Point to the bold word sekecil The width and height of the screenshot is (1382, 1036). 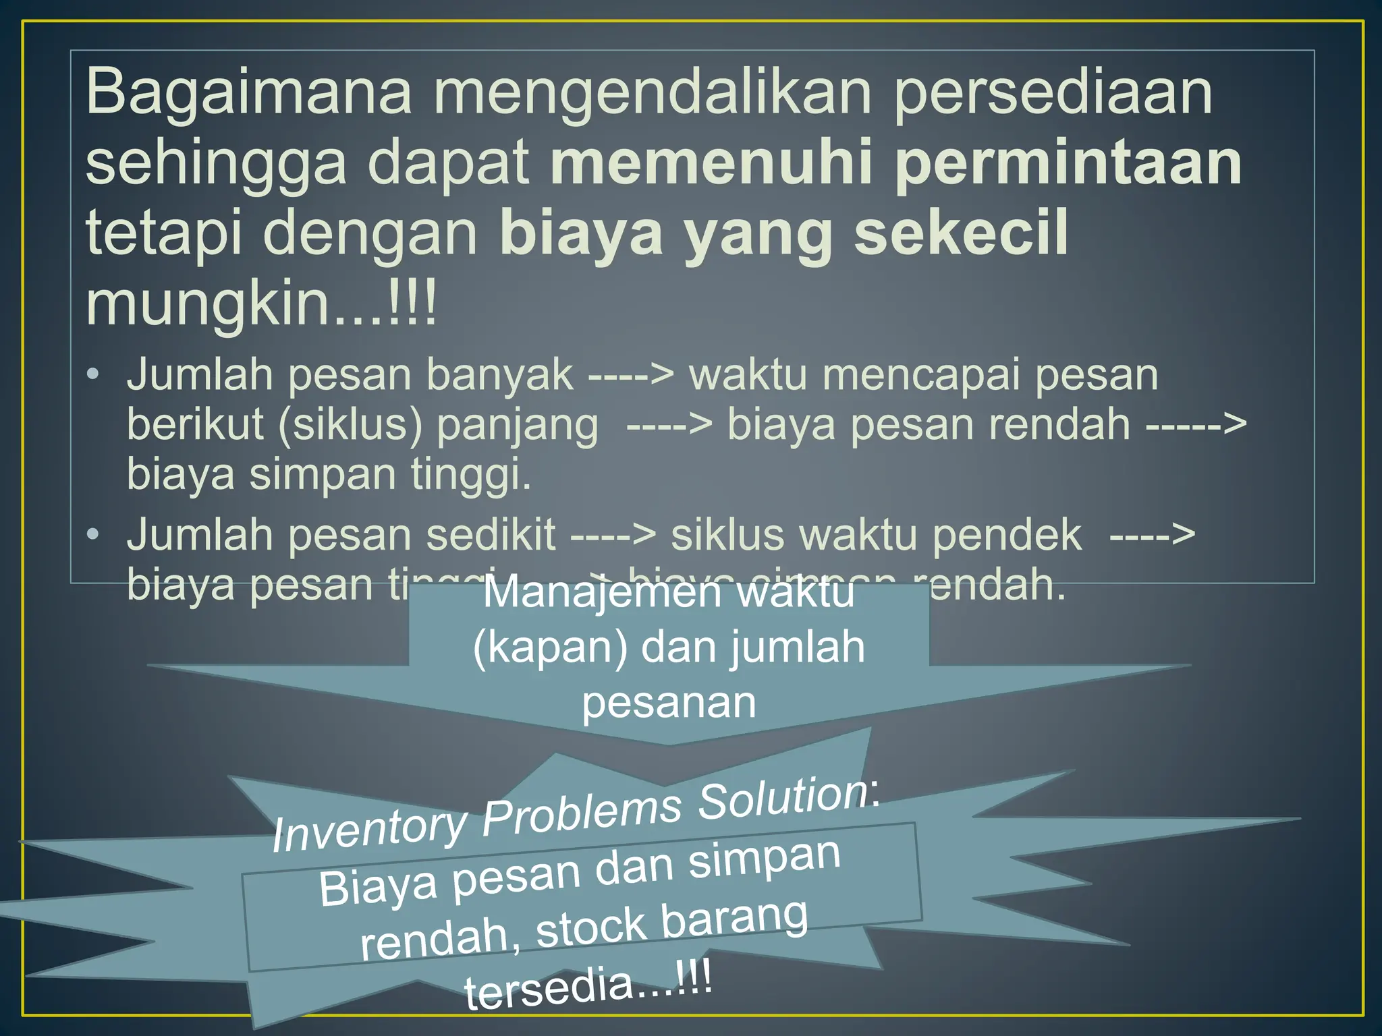(962, 232)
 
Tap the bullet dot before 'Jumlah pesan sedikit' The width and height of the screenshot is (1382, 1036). (93, 534)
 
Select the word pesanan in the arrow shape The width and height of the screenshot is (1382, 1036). (669, 703)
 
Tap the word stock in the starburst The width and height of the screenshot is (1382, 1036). (591, 928)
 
